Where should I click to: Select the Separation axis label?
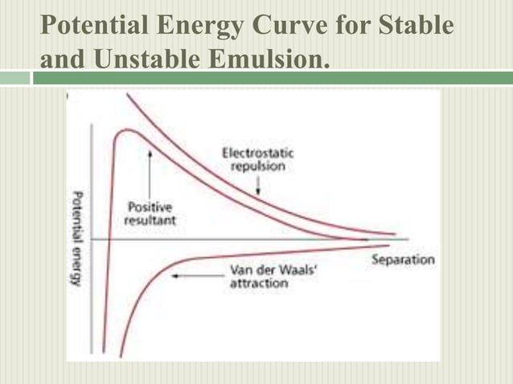403,260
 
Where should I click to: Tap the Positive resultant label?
152,214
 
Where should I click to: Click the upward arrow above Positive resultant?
150,174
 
